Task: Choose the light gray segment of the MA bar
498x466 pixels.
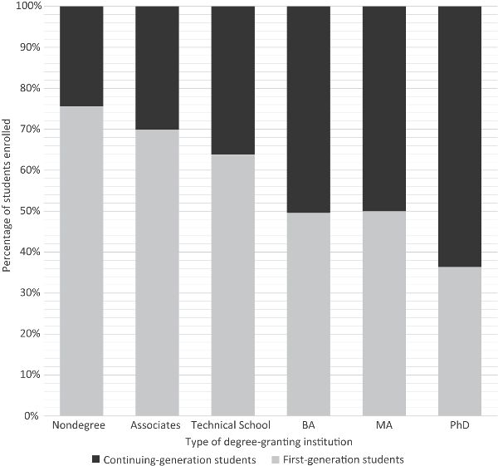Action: pos(384,312)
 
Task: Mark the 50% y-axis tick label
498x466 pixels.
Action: pos(29,211)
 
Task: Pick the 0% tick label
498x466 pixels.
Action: pos(32,415)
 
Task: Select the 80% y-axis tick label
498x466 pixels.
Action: pos(29,88)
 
